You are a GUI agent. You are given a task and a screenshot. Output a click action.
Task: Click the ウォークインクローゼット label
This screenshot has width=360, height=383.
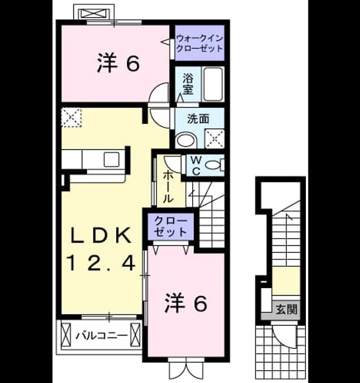(199, 43)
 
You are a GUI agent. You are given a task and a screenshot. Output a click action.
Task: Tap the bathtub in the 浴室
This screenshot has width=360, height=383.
(213, 85)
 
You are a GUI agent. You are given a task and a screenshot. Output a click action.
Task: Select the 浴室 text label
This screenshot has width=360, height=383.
(188, 84)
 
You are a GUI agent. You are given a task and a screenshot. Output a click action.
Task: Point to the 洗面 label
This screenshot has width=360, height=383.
(198, 119)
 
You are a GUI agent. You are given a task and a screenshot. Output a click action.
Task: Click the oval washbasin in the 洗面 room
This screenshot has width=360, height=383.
(186, 140)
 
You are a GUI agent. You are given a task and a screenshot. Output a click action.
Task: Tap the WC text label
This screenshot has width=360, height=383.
(196, 166)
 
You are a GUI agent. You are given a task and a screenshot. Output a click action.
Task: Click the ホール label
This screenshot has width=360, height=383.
(168, 187)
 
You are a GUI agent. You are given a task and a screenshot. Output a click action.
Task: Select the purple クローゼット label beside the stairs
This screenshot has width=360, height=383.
(171, 226)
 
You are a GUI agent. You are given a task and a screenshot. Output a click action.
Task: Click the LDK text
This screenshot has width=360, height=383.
(100, 235)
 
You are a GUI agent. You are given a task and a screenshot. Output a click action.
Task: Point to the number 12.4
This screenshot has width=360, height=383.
(101, 263)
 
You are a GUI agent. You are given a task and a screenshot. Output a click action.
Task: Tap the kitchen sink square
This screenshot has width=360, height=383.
(111, 159)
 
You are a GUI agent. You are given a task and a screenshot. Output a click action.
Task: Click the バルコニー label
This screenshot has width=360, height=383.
(102, 336)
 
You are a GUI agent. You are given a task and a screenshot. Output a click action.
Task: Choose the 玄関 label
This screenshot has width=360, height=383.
(286, 309)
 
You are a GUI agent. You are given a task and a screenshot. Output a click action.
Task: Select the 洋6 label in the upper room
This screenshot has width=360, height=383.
(119, 63)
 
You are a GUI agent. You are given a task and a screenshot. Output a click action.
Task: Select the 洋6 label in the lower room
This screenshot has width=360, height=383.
(186, 303)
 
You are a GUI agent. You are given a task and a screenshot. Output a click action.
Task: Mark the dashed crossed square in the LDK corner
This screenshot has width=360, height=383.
(71, 117)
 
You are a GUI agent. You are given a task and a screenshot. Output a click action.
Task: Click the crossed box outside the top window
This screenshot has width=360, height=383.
(94, 13)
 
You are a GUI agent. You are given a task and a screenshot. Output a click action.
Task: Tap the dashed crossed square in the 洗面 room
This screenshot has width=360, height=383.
(214, 139)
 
